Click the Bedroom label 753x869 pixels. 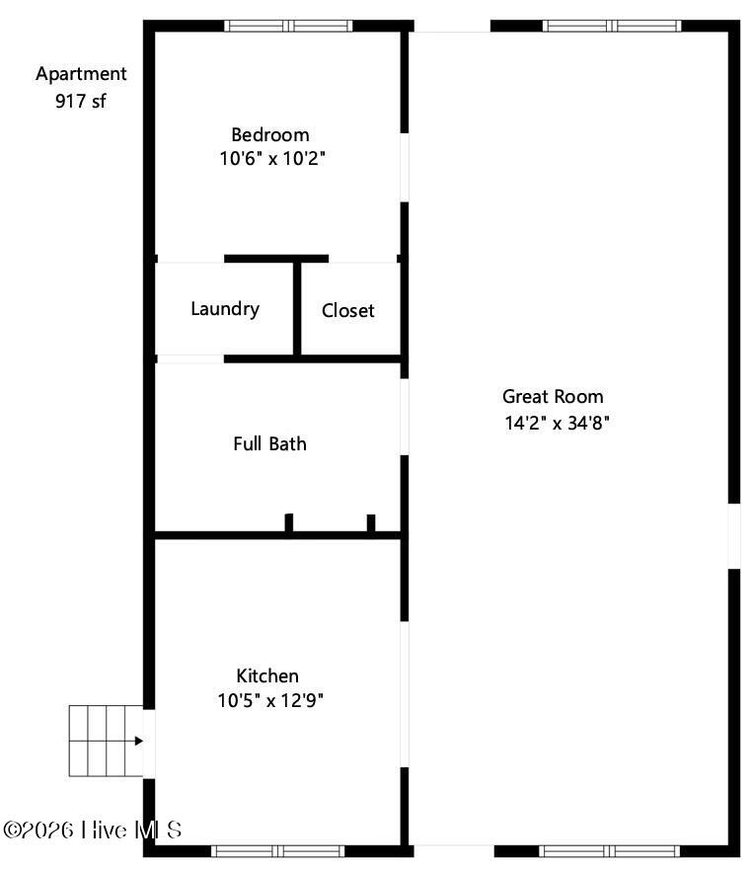(270, 134)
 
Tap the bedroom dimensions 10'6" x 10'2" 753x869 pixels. (271, 159)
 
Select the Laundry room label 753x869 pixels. (225, 309)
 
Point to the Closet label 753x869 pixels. (347, 310)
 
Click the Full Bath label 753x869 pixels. (269, 444)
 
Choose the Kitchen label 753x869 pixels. (267, 675)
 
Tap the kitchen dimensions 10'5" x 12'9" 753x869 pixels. (270, 700)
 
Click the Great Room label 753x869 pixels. (553, 396)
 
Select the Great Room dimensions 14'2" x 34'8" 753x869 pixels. (557, 423)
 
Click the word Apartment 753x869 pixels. (81, 74)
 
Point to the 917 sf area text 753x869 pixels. (80, 101)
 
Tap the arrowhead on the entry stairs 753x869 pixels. (139, 741)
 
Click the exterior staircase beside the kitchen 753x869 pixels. (106, 741)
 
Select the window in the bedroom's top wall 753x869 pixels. (288, 26)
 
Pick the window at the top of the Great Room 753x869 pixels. (612, 26)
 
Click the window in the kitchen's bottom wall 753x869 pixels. (278, 851)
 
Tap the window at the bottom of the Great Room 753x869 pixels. (609, 851)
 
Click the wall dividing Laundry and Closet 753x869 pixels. (297, 309)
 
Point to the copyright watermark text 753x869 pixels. (93, 829)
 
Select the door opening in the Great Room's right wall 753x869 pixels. (734, 536)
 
